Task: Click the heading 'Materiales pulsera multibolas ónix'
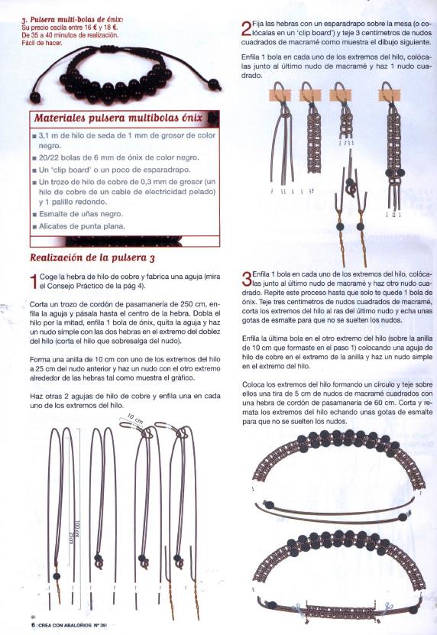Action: tap(118, 118)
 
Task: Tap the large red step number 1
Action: tap(34, 281)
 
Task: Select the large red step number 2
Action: tap(246, 28)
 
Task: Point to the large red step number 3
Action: tap(246, 279)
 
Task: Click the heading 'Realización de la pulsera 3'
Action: tap(92, 258)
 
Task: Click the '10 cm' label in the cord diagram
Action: tap(135, 419)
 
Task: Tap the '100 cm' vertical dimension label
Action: tap(77, 530)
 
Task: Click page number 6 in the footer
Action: tap(33, 625)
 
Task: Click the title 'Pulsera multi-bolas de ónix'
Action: tap(73, 19)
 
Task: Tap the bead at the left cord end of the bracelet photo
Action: tap(35, 98)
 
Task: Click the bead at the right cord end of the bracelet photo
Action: tap(214, 85)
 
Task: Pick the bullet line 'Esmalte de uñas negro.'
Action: tap(80, 214)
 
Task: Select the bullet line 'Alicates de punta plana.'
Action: tap(82, 226)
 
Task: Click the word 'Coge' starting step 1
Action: tap(48, 277)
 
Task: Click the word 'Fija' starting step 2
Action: tap(257, 24)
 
